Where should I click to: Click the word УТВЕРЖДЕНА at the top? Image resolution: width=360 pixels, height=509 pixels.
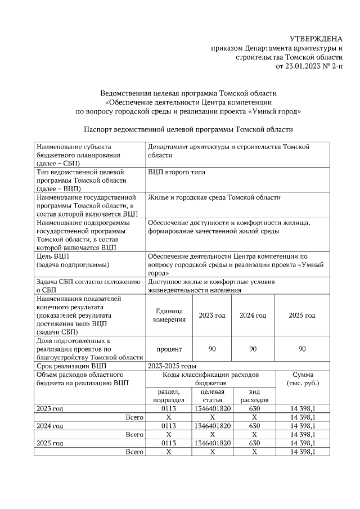316,39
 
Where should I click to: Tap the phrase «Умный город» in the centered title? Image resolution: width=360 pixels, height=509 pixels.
276,111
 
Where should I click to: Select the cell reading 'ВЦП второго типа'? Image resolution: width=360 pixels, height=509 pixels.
176,172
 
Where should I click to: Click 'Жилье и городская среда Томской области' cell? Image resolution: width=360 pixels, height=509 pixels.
214,197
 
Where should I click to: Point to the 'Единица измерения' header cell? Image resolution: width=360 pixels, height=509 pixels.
169,316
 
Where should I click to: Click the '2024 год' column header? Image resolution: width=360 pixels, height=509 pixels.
253,316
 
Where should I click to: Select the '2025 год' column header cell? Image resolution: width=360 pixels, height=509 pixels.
301,316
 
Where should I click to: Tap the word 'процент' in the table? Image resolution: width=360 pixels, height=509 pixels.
169,349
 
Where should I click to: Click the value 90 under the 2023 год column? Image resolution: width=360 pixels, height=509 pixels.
212,349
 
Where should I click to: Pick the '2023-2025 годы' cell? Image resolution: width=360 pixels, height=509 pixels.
172,366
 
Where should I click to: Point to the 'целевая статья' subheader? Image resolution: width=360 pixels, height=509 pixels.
212,395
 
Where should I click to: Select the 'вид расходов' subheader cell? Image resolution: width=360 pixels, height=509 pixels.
254,395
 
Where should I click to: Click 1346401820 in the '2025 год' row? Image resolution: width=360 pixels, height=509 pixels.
212,443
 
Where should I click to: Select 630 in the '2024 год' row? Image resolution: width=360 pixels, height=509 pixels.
254,426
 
